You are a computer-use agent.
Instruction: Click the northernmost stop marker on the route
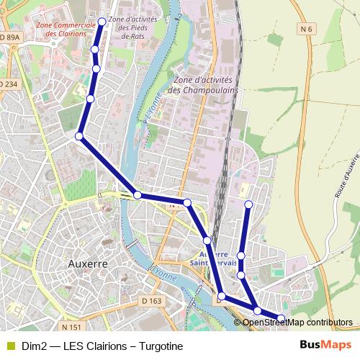[102, 22]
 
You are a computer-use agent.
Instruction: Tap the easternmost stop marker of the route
[281, 318]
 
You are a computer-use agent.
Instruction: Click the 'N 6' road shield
[307, 29]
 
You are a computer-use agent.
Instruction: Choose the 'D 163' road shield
[152, 300]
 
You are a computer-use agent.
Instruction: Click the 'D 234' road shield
[8, 84]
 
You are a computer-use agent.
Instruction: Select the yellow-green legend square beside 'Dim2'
[9, 346]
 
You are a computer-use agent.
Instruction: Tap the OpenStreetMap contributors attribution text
[297, 322]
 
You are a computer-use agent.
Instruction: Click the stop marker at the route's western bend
[79, 135]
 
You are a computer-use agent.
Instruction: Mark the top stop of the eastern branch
[248, 205]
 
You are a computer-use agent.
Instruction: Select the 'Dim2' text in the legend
[33, 346]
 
